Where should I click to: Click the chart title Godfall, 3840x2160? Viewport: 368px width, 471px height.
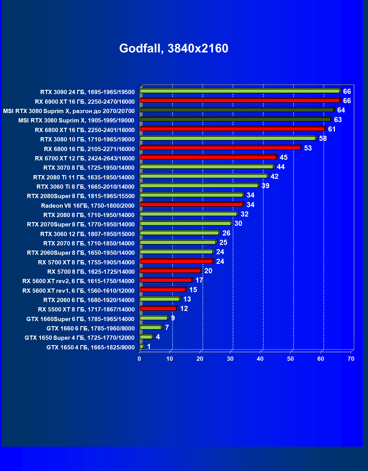[174, 48]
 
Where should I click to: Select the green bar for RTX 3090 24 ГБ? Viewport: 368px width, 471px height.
[239, 91]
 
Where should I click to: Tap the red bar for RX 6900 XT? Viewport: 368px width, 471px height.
[239, 101]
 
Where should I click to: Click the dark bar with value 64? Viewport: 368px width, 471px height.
[237, 110]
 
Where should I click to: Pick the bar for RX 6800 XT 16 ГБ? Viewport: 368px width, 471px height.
[232, 129]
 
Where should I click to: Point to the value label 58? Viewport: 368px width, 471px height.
[323, 139]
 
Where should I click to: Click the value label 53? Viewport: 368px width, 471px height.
[308, 148]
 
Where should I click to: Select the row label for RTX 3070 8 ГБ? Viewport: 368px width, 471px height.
[89, 168]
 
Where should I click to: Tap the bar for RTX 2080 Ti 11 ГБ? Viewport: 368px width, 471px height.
[203, 176]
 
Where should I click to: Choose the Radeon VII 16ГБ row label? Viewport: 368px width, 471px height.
[88, 206]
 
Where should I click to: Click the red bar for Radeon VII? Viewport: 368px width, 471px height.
[191, 205]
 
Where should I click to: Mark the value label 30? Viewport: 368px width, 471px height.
[238, 224]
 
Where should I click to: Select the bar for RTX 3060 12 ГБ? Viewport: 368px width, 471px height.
[179, 233]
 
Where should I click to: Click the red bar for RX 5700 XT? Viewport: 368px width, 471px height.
[176, 261]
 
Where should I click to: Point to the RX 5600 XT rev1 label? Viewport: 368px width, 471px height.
[78, 291]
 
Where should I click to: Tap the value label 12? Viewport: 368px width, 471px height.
[184, 309]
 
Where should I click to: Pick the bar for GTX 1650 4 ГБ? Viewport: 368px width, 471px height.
[142, 346]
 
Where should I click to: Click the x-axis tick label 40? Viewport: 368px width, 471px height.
[260, 359]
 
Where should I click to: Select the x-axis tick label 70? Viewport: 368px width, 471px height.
[351, 359]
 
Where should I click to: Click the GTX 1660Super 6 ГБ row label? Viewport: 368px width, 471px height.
[80, 319]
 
